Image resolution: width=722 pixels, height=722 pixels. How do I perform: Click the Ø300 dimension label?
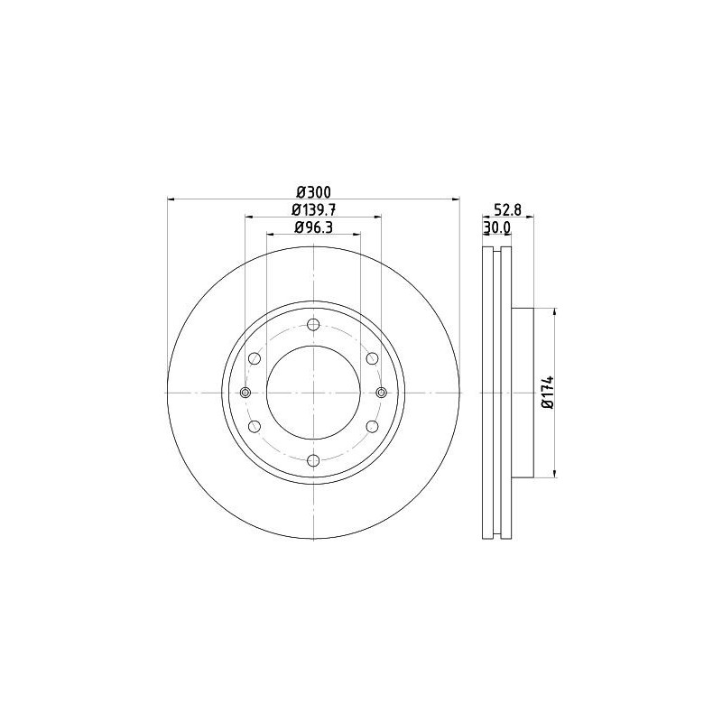[313, 191]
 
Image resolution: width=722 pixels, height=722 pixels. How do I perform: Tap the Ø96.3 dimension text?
[313, 227]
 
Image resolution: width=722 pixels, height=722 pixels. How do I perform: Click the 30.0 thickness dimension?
[496, 227]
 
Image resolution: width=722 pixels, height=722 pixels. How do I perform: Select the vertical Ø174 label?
[546, 392]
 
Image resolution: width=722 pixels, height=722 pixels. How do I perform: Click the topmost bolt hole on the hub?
[313, 326]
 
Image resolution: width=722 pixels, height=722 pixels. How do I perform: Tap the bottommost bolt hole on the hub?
[313, 461]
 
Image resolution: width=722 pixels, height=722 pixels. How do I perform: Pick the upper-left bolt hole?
[255, 359]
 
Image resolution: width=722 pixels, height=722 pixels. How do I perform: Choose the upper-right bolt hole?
[372, 359]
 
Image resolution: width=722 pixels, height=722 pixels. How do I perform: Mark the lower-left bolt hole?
[255, 426]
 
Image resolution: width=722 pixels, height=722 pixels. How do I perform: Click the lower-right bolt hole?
[372, 426]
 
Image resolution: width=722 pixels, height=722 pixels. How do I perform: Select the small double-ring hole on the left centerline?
[245, 393]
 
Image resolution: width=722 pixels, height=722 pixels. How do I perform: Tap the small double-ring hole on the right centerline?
[381, 393]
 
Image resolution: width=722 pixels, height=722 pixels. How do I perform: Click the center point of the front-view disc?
[313, 393]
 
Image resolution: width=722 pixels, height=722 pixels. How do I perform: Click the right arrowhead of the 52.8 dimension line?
[532, 217]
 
